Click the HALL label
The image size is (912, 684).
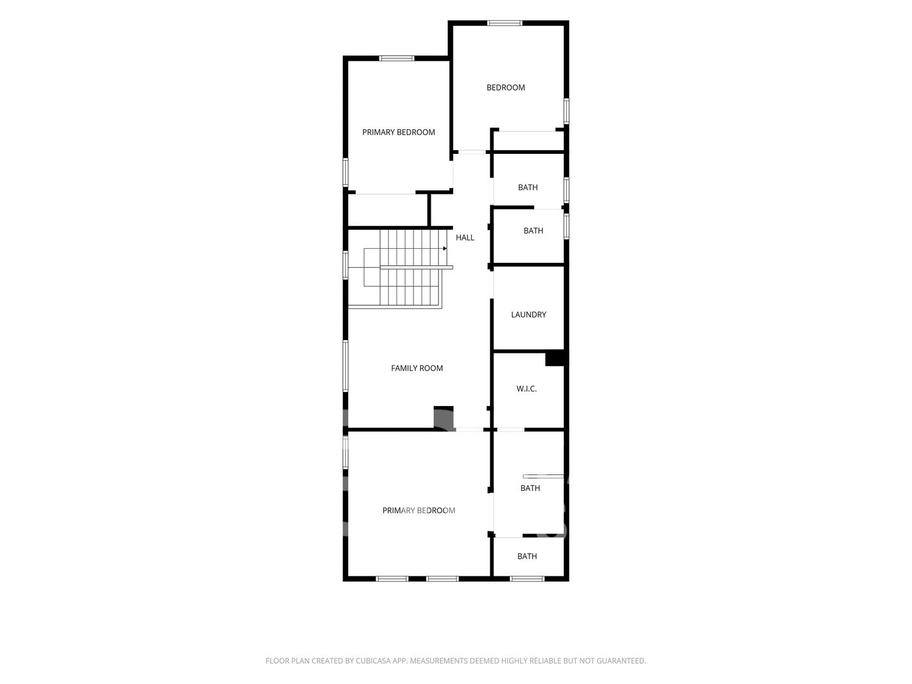(464, 237)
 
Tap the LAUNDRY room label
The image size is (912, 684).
(528, 314)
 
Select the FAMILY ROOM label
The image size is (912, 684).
(417, 368)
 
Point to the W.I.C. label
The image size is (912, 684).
(526, 389)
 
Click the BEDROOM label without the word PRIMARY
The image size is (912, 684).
(505, 87)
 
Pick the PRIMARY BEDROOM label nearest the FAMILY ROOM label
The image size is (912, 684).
(419, 510)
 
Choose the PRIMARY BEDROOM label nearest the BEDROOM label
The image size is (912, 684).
(398, 132)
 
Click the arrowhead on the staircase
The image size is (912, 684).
(445, 248)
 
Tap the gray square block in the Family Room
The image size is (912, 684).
(443, 417)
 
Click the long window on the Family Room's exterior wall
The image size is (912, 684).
(345, 365)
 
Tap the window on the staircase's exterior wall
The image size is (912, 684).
(345, 265)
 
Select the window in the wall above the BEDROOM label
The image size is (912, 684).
(505, 23)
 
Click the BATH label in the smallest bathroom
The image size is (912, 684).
(527, 556)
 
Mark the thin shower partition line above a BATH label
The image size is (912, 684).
(543, 476)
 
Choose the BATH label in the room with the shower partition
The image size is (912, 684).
(530, 488)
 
